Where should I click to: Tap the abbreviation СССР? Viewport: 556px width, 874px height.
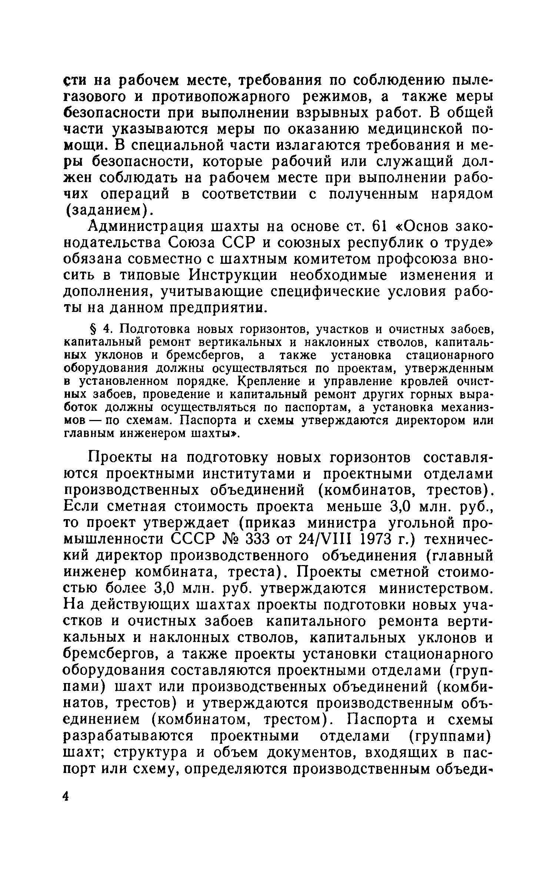click(194, 539)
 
